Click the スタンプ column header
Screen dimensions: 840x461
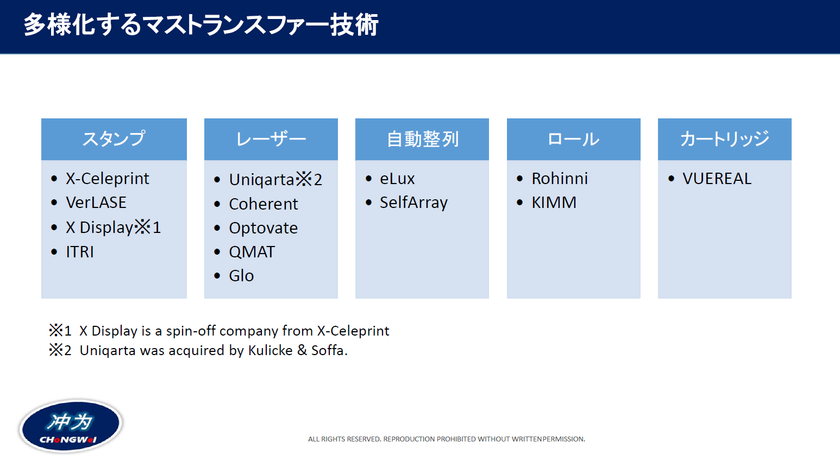[114, 139]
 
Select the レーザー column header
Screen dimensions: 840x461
[271, 139]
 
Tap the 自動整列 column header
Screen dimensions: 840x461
[422, 139]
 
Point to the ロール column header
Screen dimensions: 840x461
[573, 139]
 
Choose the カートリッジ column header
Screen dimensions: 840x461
[724, 139]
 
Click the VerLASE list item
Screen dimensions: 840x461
[96, 203]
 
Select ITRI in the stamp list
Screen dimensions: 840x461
[80, 252]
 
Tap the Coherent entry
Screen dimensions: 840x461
[264, 204]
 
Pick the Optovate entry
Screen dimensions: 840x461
[264, 228]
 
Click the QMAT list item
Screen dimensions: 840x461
[252, 252]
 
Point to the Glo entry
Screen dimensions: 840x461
[241, 276]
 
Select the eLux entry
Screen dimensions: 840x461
[397, 179]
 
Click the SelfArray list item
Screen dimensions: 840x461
[413, 203]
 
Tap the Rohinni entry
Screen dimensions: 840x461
[560, 179]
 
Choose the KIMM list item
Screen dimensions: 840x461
[554, 203]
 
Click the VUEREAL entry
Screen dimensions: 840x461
[717, 179]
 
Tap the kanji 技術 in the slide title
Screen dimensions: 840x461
[354, 25]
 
